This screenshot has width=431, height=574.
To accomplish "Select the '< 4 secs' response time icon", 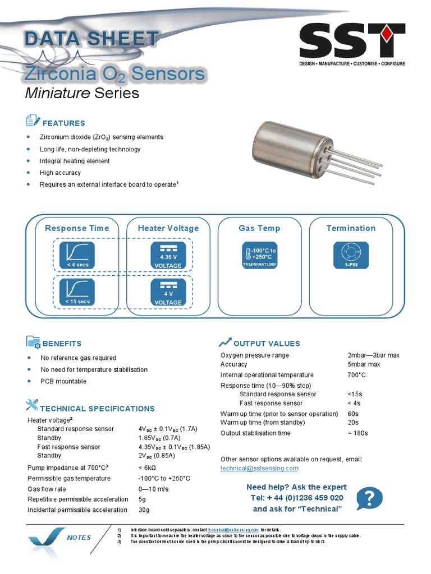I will [77, 255].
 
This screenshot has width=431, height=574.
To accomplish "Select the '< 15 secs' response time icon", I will [77, 292].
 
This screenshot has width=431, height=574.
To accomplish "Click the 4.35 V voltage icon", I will [168, 255].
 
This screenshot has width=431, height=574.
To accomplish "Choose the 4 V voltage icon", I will [168, 292].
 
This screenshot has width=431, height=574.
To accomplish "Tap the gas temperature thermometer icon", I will [259, 255].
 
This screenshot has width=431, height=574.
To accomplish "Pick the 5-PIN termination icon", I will [351, 255].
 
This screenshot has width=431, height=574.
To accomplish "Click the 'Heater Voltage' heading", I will [168, 228].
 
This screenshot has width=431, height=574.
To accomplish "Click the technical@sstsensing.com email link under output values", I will [259, 468].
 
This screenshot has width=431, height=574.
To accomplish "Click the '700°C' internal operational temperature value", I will [356, 375].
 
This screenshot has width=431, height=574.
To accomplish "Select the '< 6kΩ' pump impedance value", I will [147, 467].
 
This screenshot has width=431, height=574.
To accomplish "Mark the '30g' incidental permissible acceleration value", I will [144, 510].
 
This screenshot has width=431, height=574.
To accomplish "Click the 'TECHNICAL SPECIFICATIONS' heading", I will [97, 409].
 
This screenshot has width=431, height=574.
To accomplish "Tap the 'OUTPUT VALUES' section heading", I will [267, 344].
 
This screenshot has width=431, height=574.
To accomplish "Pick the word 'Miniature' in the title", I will [58, 93].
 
